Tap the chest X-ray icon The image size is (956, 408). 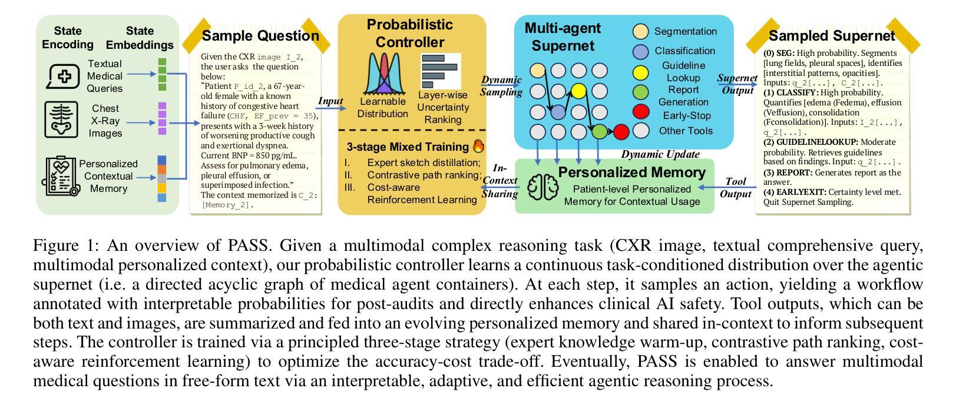(x=61, y=120)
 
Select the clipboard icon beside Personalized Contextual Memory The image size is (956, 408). (x=59, y=175)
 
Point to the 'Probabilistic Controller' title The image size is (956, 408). (x=410, y=34)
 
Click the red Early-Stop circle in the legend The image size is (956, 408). (x=640, y=112)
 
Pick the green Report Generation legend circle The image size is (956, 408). (x=640, y=92)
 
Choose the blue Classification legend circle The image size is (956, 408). (x=640, y=52)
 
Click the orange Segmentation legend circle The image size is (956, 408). (x=640, y=32)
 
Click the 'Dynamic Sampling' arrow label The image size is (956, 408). (x=501, y=86)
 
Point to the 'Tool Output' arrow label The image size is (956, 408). (x=736, y=188)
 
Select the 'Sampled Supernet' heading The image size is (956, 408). (x=832, y=36)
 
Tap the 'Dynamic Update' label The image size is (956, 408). (x=660, y=154)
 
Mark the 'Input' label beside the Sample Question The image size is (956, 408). (x=330, y=101)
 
